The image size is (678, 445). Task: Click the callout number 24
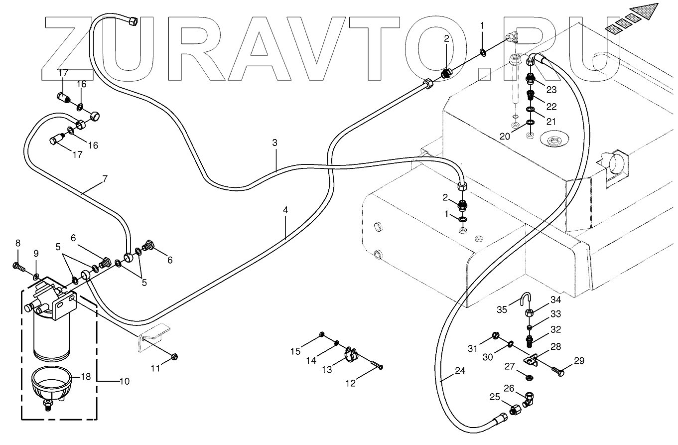coord(460,371)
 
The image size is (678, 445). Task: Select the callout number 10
coord(125,381)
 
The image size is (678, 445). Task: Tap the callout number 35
coord(502,309)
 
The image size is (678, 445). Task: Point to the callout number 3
coord(274,143)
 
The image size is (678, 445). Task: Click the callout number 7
coord(105,179)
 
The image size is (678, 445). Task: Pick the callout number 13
coord(327,370)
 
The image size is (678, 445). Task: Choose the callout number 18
coord(86,377)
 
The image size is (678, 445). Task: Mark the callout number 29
coord(579,361)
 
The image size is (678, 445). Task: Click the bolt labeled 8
coord(19,267)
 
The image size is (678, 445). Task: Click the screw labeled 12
coord(376,364)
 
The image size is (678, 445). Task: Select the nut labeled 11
coord(174,357)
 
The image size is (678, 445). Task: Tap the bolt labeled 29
coord(557,371)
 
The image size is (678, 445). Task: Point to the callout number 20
coord(505,137)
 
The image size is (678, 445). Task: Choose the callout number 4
coord(285,210)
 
